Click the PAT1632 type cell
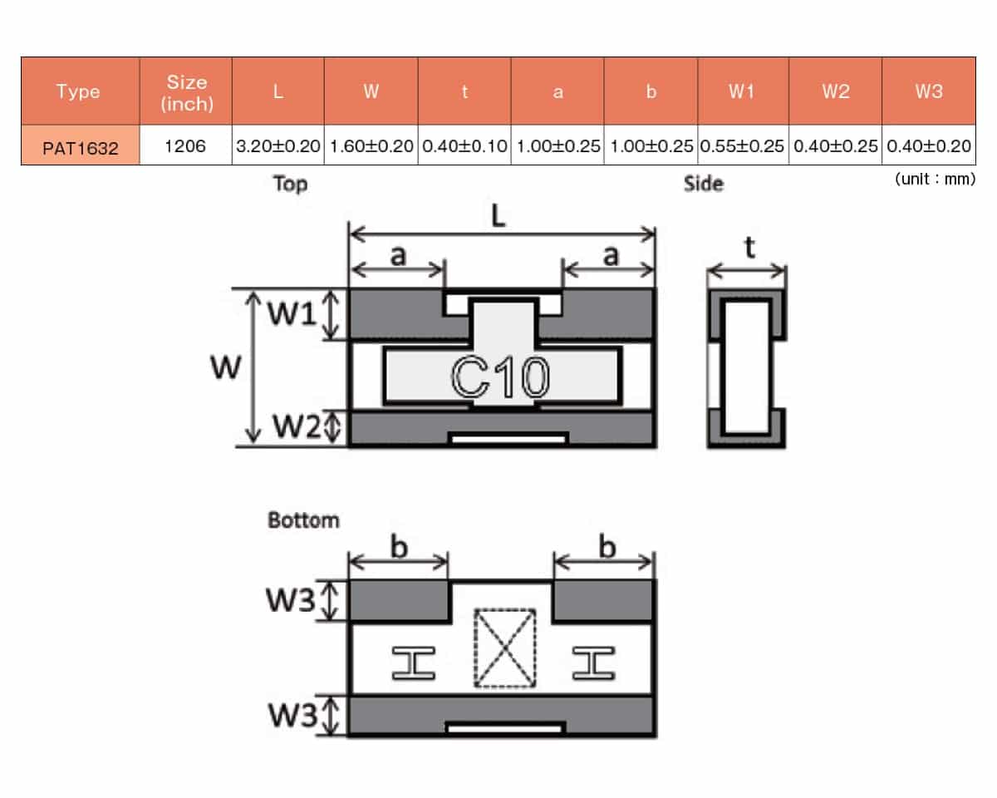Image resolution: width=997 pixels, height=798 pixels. point(80,145)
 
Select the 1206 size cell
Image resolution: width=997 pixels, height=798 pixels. point(185,145)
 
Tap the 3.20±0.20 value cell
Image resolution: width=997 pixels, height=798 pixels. point(278,145)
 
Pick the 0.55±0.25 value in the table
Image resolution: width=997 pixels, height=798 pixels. point(742,145)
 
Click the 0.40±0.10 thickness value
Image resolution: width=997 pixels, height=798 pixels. point(464,145)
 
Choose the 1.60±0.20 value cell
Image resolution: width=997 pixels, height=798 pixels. point(371,145)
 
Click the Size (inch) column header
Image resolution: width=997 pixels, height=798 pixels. point(187,92)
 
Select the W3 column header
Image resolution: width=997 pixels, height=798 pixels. point(929,91)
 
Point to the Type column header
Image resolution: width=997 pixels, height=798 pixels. point(78,91)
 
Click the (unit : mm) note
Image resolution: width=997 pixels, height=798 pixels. point(936,179)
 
